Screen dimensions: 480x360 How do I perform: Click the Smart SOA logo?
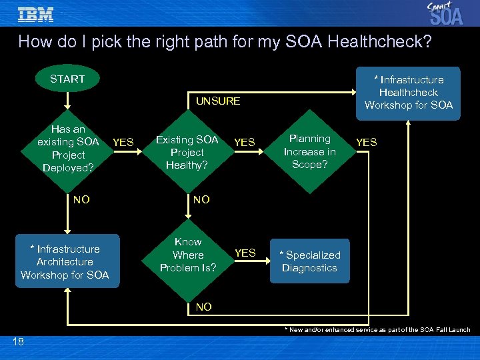click(445, 13)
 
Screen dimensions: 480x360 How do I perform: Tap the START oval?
click(67, 79)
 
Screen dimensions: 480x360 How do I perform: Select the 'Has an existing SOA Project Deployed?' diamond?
click(68, 148)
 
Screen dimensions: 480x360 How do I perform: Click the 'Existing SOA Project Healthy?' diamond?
click(187, 151)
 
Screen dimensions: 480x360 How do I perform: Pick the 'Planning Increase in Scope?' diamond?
click(309, 151)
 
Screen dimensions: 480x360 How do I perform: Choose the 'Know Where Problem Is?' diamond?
click(187, 255)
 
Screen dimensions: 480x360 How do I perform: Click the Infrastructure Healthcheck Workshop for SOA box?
click(408, 93)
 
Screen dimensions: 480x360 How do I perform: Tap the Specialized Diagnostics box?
click(309, 261)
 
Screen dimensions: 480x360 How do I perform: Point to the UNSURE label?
click(217, 101)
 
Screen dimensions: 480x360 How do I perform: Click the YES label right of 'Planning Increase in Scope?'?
click(366, 142)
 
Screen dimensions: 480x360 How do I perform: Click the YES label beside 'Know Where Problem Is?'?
click(245, 253)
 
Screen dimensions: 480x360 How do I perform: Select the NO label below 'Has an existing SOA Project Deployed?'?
click(81, 199)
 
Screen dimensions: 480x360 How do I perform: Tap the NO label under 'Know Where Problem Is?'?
click(204, 307)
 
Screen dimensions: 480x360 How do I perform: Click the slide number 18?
click(18, 341)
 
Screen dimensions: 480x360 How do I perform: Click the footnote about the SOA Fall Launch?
click(377, 330)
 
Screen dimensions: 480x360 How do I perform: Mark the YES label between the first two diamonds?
click(123, 142)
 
